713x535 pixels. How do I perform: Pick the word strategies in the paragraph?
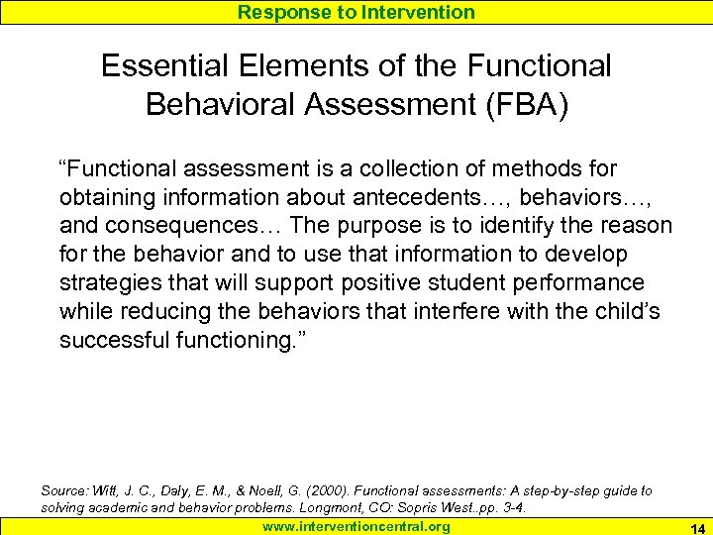[x=108, y=283]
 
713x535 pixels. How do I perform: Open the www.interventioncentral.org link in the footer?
[x=356, y=526]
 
